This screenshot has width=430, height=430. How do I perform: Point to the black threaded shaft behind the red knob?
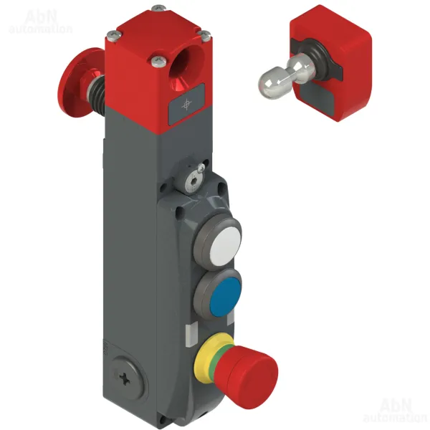(96, 90)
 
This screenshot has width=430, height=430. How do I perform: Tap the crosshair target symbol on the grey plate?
(187, 105)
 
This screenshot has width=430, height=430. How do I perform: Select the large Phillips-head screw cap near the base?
(126, 378)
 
